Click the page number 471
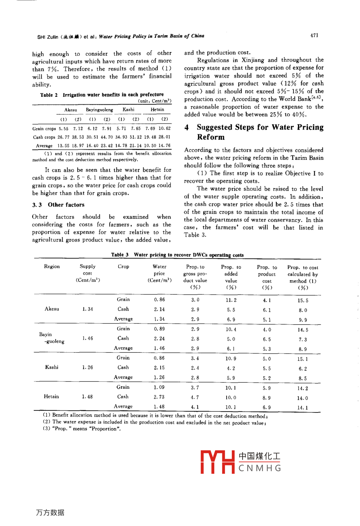pyautogui.click(x=314, y=35)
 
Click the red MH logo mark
pyautogui.click(x=217, y=462)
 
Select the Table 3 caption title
pyautogui.click(x=177, y=255)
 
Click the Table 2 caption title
pyautogui.click(x=102, y=95)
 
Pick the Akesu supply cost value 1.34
pyautogui.click(x=88, y=309)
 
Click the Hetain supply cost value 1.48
pyautogui.click(x=87, y=396)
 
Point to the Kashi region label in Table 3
pyautogui.click(x=52, y=367)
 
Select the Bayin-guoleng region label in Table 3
pyautogui.click(x=51, y=338)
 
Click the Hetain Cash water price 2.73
pyautogui.click(x=159, y=397)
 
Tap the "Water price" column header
pyautogui.click(x=159, y=273)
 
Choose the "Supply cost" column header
pyautogui.click(x=88, y=273)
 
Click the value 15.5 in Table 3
pyautogui.click(x=303, y=300)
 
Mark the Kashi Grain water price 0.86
pyautogui.click(x=159, y=358)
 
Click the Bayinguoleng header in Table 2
pyautogui.click(x=99, y=110)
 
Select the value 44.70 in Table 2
pyautogui.click(x=107, y=137)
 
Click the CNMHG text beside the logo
pyautogui.click(x=260, y=468)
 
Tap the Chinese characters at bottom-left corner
pyautogui.click(x=50, y=512)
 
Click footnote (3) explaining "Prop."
pyautogui.click(x=82, y=429)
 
